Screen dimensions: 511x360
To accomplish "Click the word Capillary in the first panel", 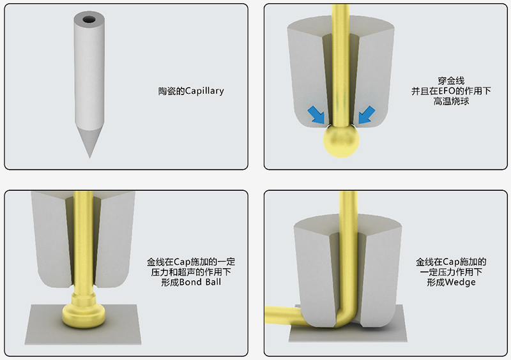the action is click(x=204, y=91).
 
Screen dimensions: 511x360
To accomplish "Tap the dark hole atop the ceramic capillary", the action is click(x=89, y=20).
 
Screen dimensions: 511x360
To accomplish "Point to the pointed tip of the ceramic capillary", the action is click(x=89, y=158).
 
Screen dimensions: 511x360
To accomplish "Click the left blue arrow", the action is click(x=316, y=115).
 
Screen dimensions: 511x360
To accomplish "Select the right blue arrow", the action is click(x=367, y=115).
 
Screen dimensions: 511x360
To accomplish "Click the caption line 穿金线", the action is click(x=451, y=81).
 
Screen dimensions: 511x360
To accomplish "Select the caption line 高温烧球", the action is click(x=451, y=101).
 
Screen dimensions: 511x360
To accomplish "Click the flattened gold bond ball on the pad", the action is click(x=84, y=315).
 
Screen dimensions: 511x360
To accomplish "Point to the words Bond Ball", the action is click(x=200, y=282).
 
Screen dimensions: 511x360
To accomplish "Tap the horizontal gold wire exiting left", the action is click(x=284, y=315).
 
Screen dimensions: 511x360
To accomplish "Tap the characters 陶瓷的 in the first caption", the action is click(x=171, y=91).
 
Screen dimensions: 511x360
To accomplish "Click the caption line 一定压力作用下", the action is click(x=451, y=272).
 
